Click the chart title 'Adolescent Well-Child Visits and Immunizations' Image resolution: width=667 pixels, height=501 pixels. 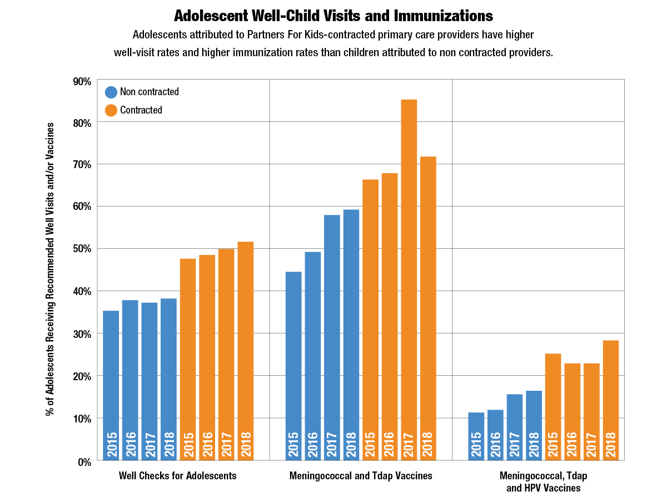pos(333,15)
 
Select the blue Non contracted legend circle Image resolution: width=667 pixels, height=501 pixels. pos(111,92)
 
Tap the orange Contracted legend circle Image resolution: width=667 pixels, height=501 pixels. pos(111,110)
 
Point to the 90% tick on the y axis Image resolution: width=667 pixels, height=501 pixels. pos(81,81)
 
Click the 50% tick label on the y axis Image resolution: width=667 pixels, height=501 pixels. pos(81,249)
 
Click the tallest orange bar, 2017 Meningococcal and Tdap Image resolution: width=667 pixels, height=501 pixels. pos(409,278)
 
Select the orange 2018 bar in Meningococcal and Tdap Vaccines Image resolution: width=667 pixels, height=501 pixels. pos(428,306)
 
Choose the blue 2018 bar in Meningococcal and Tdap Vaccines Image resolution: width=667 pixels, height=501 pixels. pos(351,334)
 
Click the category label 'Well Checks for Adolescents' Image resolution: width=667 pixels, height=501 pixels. pos(178,476)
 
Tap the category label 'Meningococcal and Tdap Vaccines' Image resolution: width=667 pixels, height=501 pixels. pos(361,476)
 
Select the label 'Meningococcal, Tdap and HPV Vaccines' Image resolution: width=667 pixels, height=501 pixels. pos(543,482)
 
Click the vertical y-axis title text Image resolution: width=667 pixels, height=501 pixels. pos(51,269)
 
